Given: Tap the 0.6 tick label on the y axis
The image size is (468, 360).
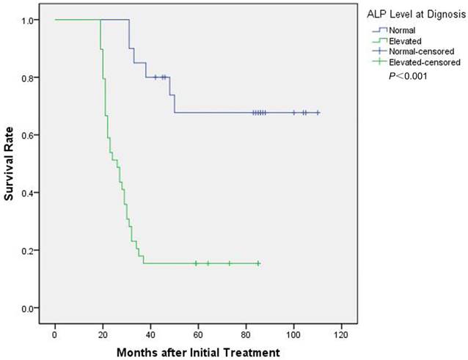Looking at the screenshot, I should coord(26,135).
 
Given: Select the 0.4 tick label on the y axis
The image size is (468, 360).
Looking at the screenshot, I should coord(26,193).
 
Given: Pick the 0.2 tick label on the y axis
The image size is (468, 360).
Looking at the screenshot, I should coord(26,250).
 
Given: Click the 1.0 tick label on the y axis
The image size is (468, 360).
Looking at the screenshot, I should coord(26,21).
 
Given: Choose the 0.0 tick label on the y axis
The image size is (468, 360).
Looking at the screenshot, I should coord(26,308).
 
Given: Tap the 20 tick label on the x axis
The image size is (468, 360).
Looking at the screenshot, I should coord(103,334).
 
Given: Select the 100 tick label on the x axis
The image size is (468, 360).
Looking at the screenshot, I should coord(293,334).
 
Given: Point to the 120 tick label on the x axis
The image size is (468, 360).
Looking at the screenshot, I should coord(341,334).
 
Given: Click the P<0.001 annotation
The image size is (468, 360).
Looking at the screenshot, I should coord(409,76).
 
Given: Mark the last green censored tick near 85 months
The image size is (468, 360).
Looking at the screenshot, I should coord(258,263).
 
